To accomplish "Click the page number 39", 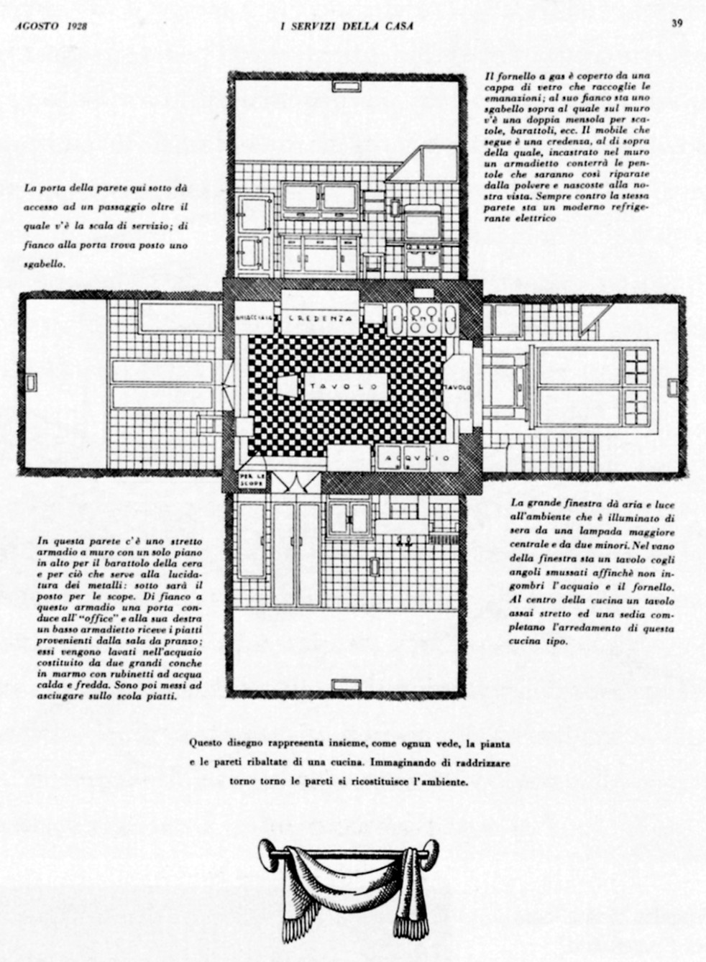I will click(x=677, y=23).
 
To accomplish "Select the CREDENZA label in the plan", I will click(x=320, y=317).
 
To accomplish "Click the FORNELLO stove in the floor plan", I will click(x=423, y=318).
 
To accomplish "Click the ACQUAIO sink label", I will click(x=418, y=458).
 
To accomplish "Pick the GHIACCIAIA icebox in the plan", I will click(x=255, y=317).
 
